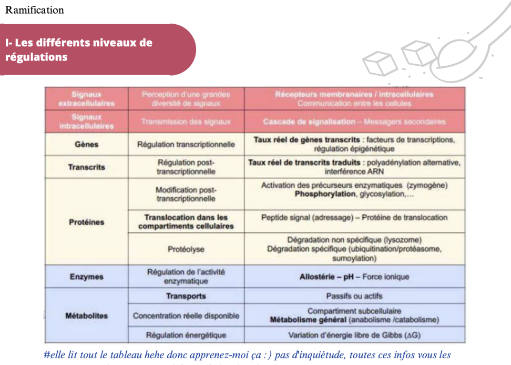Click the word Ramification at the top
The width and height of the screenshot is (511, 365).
pyautogui.click(x=35, y=10)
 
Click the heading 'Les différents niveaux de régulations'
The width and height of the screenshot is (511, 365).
pyautogui.click(x=79, y=49)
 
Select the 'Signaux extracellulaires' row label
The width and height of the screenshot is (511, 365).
pyautogui.click(x=86, y=99)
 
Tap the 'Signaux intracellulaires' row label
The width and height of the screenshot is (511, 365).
pyautogui.click(x=86, y=121)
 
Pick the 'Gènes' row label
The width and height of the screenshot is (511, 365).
pyautogui.click(x=86, y=144)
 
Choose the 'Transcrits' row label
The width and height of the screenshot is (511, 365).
pyautogui.click(x=86, y=167)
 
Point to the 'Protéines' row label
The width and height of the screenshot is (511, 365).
pyautogui.click(x=86, y=222)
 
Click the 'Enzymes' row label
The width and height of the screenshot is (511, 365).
pyautogui.click(x=86, y=277)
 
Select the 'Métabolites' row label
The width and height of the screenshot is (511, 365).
pyautogui.click(x=86, y=316)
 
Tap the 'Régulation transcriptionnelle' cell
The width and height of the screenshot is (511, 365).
pyautogui.click(x=186, y=144)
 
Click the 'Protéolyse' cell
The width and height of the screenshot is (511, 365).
pyautogui.click(x=186, y=249)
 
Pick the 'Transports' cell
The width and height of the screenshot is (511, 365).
pyautogui.click(x=186, y=296)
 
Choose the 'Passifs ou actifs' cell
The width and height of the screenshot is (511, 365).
pyautogui.click(x=354, y=296)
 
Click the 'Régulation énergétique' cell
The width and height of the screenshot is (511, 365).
pyautogui.click(x=186, y=335)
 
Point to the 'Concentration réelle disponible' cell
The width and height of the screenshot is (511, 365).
pyautogui.click(x=186, y=316)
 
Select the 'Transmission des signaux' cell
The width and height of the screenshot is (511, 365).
pyautogui.click(x=186, y=121)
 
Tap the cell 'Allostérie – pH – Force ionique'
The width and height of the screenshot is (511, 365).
pyautogui.click(x=354, y=277)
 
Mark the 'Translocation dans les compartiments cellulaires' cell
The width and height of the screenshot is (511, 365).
pyautogui.click(x=186, y=221)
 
